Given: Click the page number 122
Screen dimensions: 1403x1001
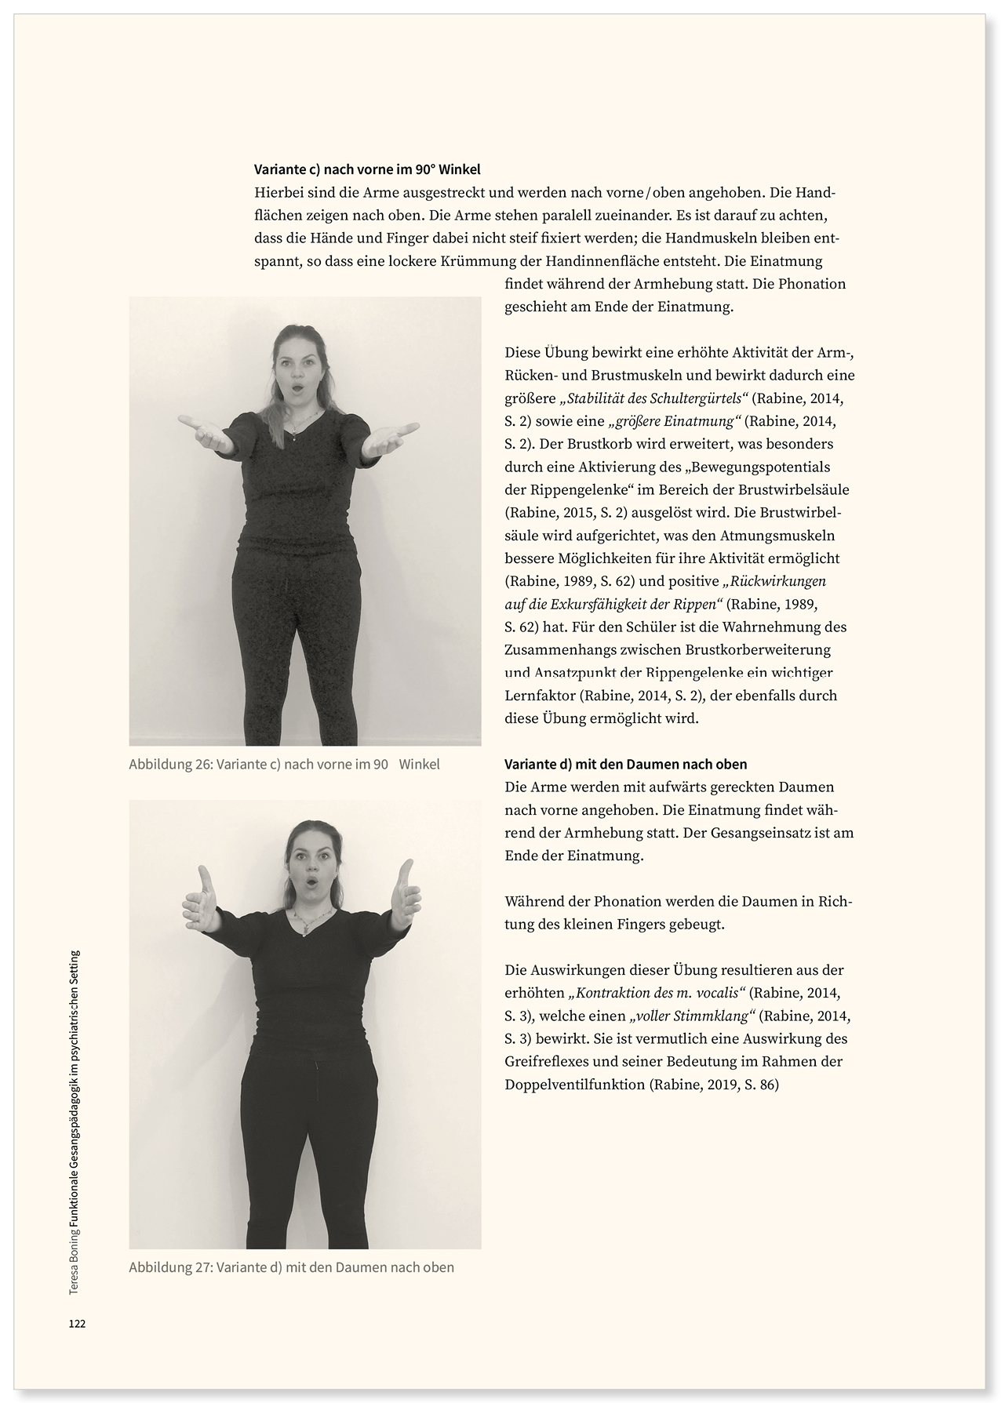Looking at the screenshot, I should coord(77,1324).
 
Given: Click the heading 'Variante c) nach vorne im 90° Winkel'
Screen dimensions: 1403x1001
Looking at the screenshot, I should coord(367,169).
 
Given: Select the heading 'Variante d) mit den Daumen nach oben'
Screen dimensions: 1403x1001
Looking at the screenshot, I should coord(626,764).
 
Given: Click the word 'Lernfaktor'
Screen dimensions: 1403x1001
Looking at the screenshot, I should coord(540,696).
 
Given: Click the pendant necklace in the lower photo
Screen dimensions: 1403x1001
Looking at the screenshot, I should coord(300,925).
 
